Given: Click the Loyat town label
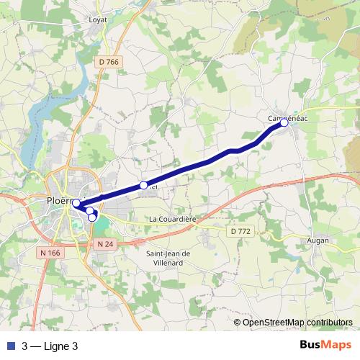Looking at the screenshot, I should (97, 19).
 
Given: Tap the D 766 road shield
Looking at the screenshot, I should (109, 63).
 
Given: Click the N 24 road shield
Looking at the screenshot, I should (105, 244).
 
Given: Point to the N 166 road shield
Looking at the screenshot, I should (50, 253).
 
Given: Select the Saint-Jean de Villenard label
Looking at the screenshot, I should (168, 257).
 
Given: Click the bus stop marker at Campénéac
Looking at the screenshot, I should (284, 123).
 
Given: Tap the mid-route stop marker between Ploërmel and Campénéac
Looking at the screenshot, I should (143, 185).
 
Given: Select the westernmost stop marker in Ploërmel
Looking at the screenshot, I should (76, 203).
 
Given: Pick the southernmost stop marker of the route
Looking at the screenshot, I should (92, 217).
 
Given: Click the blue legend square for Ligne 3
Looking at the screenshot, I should (10, 346).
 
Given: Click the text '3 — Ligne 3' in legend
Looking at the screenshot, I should (50, 346).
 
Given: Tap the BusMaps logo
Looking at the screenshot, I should (326, 345).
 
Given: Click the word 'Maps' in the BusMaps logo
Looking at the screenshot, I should (338, 345).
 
